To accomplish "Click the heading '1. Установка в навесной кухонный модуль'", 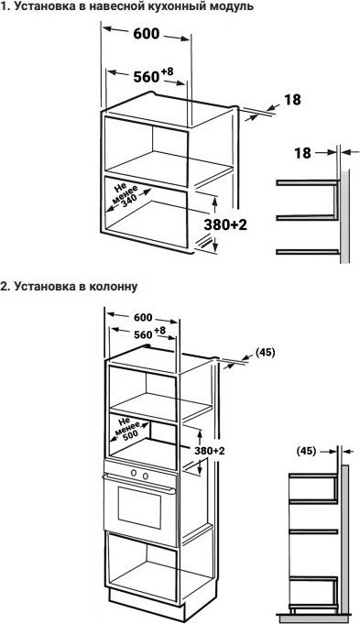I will pos(127,7).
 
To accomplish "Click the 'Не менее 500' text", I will pos(130,430).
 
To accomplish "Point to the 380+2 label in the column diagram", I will pos(210,451).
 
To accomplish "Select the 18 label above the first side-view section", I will pos(302,153).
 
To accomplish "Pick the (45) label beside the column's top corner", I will pos(265,352).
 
